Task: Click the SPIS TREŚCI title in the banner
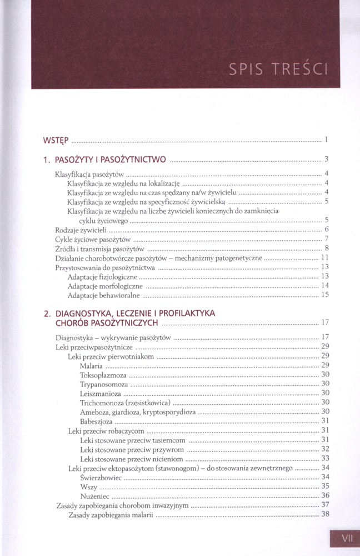[277, 69]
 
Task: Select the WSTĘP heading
[56, 139]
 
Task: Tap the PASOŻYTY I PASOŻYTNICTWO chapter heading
[110, 160]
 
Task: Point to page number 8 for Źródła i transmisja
[327, 248]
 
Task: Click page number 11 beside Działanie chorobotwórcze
[326, 258]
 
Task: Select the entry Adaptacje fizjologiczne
[102, 276]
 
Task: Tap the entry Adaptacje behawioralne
[103, 295]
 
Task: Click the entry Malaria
[91, 365]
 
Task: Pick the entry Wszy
[88, 487]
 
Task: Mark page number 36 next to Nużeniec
[326, 495]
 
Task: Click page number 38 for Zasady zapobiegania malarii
[326, 514]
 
